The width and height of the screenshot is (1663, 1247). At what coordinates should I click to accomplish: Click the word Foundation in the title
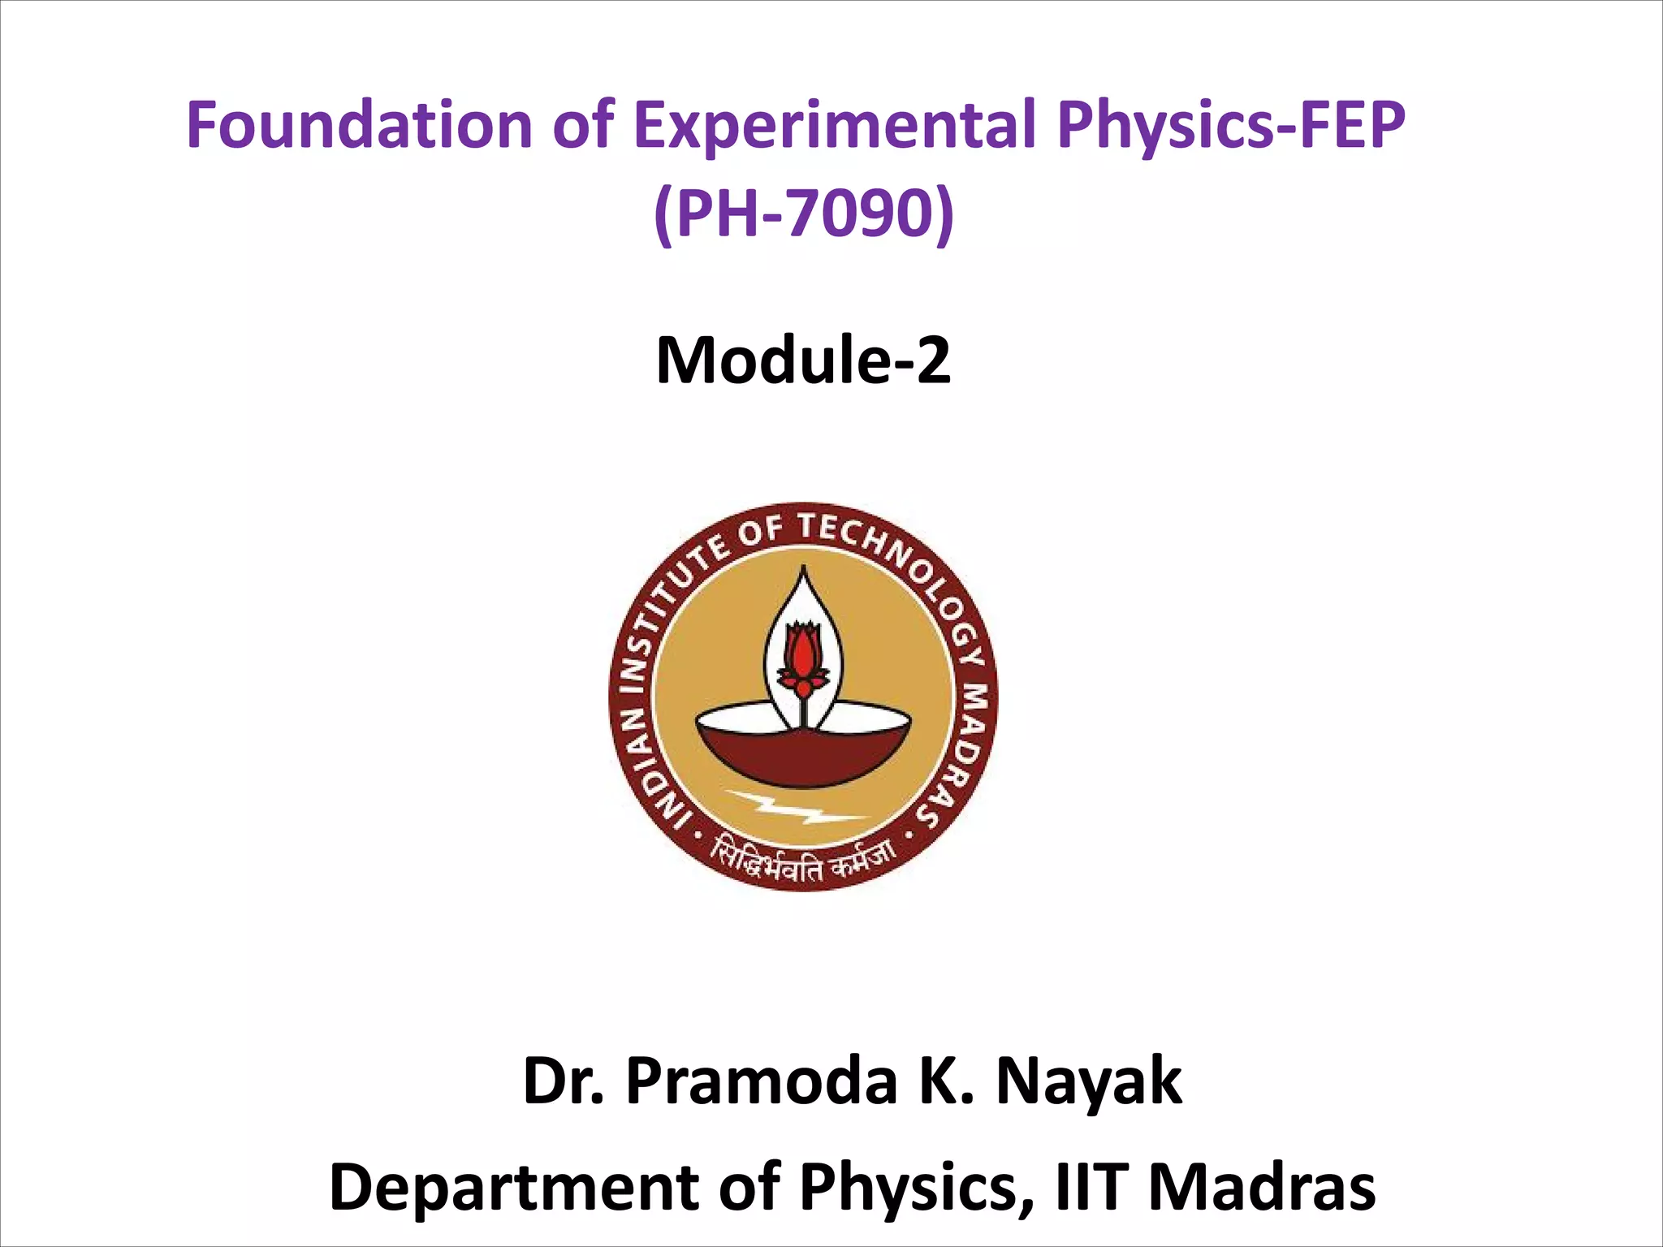pos(358,126)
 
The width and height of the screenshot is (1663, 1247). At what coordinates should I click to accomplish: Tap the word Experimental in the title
pos(832,126)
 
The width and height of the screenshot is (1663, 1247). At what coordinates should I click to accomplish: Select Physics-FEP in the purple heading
pos(1231,126)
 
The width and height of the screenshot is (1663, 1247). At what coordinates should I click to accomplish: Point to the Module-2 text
pos(803,360)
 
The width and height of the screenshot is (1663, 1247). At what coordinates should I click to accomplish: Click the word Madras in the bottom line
pos(1262,1187)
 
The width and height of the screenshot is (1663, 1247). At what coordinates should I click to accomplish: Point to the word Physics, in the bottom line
pos(918,1187)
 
